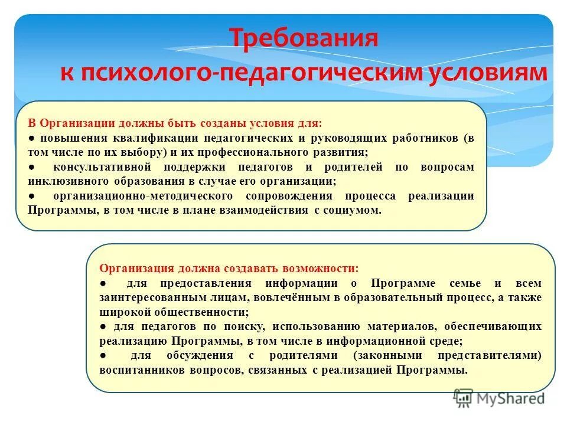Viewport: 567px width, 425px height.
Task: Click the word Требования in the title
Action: [303, 39]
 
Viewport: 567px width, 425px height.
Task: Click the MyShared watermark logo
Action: [499, 399]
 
